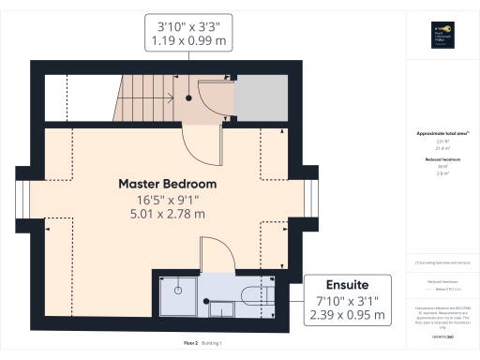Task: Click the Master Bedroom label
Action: (167, 183)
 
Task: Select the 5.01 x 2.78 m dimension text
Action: (167, 215)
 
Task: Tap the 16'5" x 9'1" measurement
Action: (167, 199)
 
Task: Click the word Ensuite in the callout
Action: (346, 283)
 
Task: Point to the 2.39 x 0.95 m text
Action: (346, 315)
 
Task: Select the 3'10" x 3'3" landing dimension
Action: (189, 25)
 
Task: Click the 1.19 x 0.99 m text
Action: (189, 41)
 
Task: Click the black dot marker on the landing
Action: (189, 96)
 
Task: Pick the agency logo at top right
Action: (442, 33)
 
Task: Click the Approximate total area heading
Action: (442, 133)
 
